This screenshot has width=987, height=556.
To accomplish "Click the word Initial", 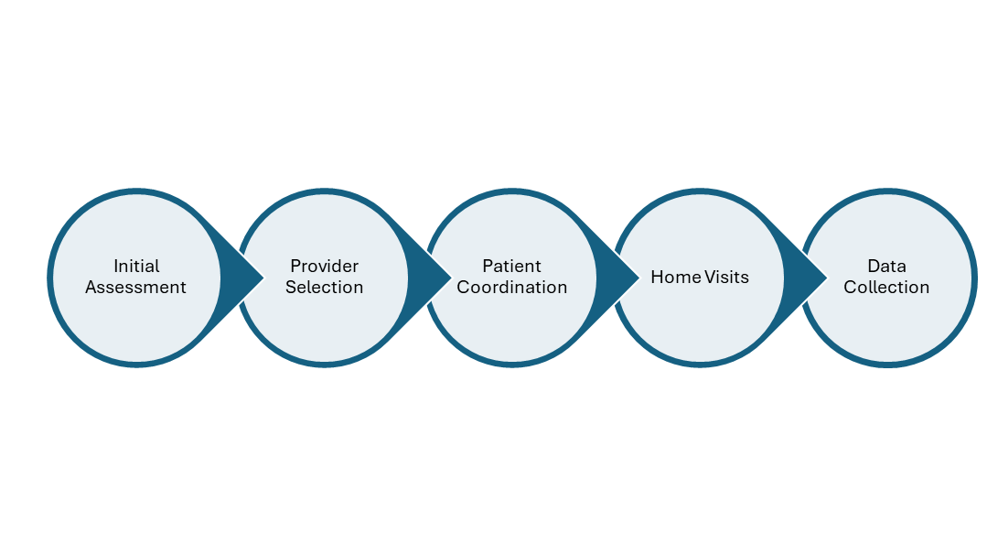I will (136, 267).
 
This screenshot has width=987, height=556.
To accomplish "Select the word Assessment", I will (136, 288).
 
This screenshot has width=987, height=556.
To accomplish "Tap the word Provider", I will (324, 267).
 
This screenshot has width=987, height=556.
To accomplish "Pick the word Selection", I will (324, 288).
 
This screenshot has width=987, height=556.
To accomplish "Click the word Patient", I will (512, 267).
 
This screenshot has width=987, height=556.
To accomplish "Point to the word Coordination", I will (512, 288).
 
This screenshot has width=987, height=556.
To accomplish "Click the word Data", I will (886, 267).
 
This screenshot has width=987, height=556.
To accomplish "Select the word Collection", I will (886, 288).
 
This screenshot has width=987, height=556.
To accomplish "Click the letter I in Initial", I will (116, 267).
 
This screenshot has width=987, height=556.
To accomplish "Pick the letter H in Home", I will (657, 277).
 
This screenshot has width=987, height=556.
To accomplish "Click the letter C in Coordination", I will (463, 288).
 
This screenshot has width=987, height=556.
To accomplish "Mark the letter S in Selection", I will (291, 288).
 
